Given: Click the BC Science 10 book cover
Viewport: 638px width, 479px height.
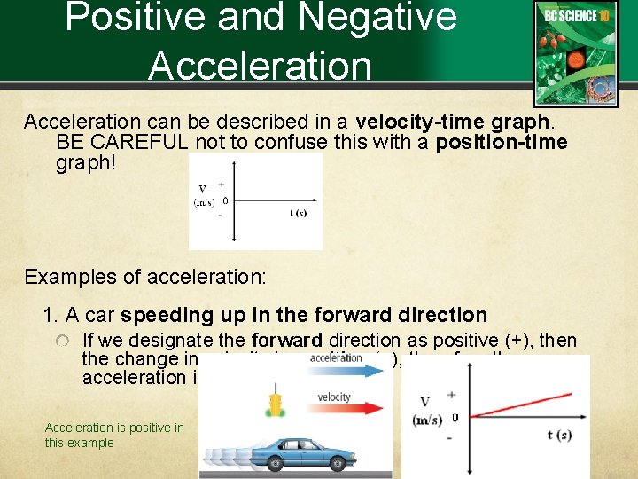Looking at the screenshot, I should coord(575,53).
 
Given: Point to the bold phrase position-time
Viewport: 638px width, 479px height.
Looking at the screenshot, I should coord(502,143).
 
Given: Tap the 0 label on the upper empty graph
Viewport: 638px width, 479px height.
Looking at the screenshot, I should coord(225,201).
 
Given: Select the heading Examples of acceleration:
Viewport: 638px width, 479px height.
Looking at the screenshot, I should coord(145,276).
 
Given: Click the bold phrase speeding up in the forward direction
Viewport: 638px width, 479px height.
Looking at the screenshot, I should coord(304,315).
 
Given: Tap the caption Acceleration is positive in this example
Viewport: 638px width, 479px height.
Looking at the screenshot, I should coord(114,435).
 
